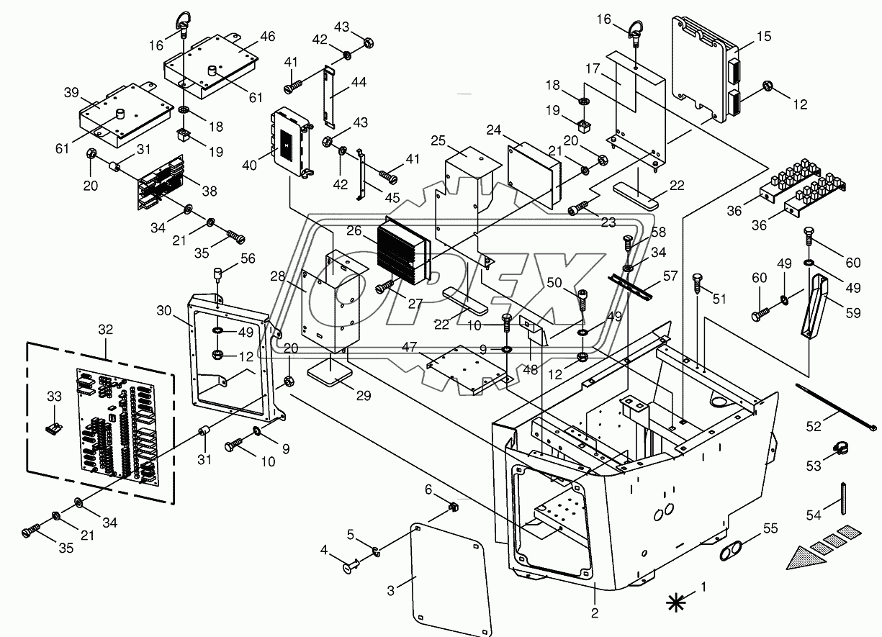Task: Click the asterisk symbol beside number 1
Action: (676, 602)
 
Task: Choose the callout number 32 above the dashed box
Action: (106, 328)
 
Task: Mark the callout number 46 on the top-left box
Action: (247, 36)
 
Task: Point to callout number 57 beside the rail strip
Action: (671, 275)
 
